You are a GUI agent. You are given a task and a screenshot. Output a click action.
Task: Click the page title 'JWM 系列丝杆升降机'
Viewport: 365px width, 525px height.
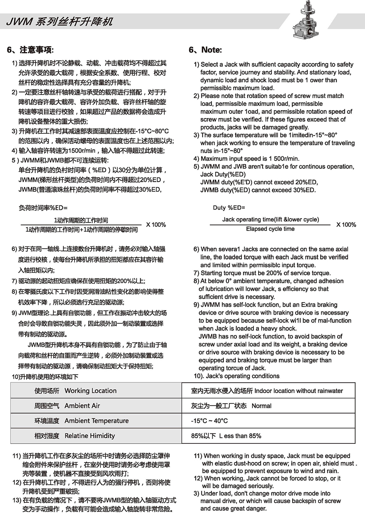60,22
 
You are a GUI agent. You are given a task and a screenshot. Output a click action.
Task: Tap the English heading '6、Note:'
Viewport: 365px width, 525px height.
205,50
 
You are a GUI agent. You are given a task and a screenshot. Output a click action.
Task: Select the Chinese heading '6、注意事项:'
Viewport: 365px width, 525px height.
30,50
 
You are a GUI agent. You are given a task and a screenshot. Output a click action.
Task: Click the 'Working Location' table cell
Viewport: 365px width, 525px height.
90,391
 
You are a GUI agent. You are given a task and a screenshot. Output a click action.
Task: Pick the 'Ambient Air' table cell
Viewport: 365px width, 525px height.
82,406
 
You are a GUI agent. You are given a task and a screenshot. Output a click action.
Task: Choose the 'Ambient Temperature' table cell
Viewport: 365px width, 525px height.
96,421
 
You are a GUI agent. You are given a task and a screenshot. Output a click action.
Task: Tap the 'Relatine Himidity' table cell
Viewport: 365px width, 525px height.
90,436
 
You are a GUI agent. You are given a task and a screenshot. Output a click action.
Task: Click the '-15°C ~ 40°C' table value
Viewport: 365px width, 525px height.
209,421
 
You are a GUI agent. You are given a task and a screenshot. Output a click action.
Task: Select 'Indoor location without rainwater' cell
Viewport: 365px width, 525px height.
299,391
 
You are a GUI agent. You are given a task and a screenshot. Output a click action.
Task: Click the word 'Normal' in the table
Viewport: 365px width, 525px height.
261,406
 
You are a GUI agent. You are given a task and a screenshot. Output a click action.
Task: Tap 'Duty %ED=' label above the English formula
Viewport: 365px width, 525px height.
229,208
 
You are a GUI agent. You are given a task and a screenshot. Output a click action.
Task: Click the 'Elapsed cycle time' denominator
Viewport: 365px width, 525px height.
270,229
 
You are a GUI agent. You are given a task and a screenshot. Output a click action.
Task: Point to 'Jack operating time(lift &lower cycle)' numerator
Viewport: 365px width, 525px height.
270,220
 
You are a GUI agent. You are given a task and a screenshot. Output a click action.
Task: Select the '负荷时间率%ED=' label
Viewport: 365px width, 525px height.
43,208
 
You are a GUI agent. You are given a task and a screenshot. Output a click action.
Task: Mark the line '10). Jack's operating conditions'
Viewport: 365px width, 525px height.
237,376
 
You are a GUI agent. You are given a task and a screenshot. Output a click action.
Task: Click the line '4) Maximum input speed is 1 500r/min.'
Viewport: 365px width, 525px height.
246,159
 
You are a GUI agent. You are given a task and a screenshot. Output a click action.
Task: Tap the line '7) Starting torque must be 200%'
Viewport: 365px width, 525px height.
262,273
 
